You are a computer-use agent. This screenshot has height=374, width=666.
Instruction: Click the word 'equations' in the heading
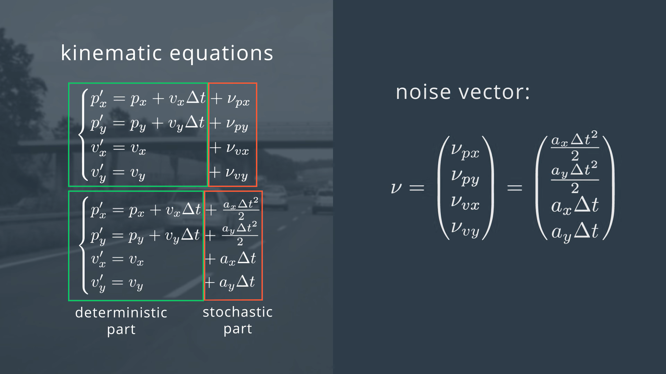coord(221,54)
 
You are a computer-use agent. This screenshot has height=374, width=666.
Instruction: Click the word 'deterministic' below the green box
coord(121,312)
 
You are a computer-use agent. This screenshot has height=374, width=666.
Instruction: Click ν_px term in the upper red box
coord(238,100)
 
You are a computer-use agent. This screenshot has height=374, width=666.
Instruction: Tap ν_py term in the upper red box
coord(237,124)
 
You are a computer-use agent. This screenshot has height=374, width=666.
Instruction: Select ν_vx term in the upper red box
coord(237,149)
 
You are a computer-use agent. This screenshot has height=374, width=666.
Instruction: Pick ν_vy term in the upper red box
coord(236,173)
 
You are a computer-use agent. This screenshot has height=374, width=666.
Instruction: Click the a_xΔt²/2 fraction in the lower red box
coord(241,209)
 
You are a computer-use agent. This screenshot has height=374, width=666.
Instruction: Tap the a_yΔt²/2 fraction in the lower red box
coord(240,234)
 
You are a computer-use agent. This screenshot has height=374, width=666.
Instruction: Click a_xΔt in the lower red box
coord(238,259)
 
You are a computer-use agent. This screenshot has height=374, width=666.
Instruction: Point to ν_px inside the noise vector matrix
coord(465,151)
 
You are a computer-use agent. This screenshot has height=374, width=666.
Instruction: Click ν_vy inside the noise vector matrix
coord(465,230)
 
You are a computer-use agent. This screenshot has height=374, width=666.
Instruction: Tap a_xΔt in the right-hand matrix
coord(575,206)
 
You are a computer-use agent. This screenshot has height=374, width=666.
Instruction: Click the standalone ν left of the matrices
coord(396,188)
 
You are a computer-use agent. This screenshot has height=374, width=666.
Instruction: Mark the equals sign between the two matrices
coord(515,188)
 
